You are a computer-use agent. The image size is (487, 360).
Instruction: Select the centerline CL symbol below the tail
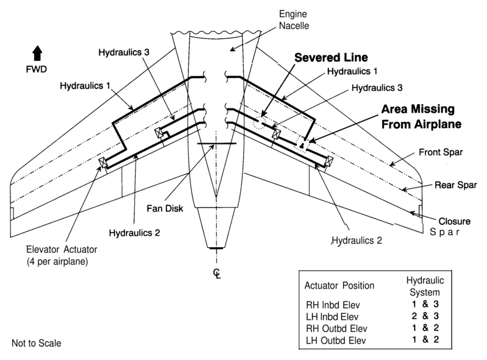tap(215, 273)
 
